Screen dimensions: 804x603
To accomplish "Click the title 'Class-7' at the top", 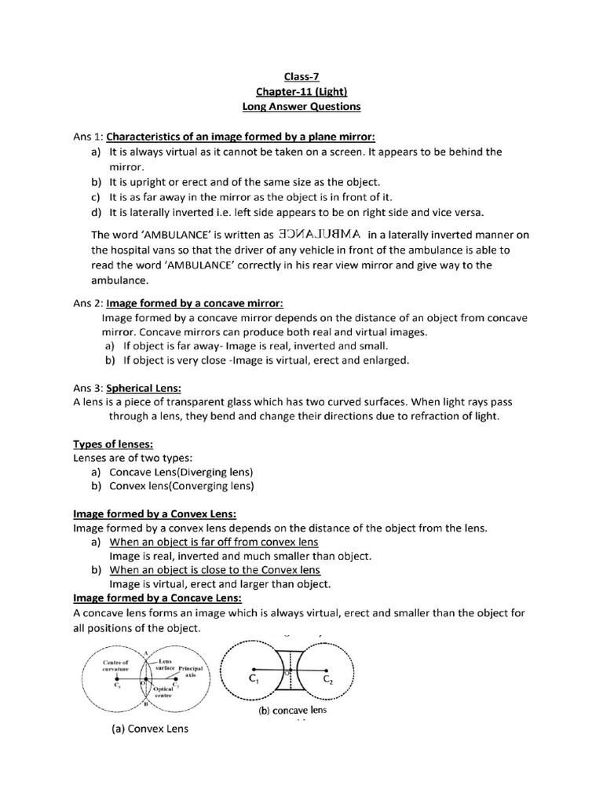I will (301, 76).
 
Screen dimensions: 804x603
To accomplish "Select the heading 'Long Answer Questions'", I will (301, 106).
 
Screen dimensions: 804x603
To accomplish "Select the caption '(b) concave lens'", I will (292, 711).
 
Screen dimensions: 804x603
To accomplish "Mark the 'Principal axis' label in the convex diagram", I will (191, 671).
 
